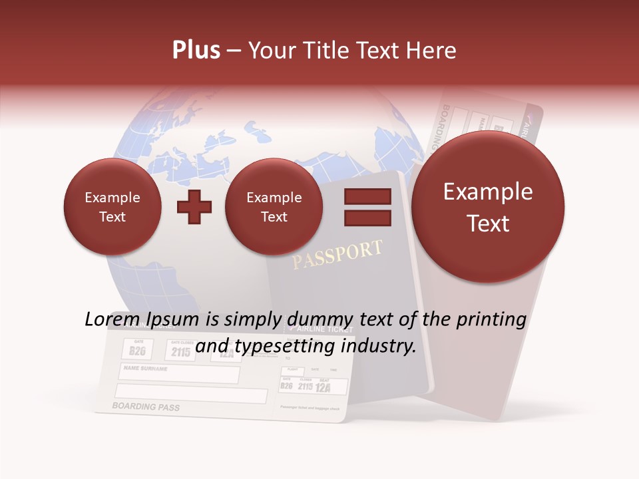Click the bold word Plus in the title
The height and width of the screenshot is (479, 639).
point(196,51)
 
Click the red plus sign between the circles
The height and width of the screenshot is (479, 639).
point(194,207)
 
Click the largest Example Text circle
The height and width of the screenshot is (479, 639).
point(488,207)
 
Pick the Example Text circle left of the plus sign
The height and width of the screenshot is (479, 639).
point(112,207)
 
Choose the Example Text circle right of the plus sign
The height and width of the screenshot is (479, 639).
point(274,207)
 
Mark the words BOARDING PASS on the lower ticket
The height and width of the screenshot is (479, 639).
point(146,406)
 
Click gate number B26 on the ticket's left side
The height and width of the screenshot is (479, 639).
point(138,351)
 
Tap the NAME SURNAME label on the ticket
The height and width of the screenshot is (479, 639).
point(146,368)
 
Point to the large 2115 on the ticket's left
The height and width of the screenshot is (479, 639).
point(180,352)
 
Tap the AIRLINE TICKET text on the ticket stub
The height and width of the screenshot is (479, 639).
point(316,329)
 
